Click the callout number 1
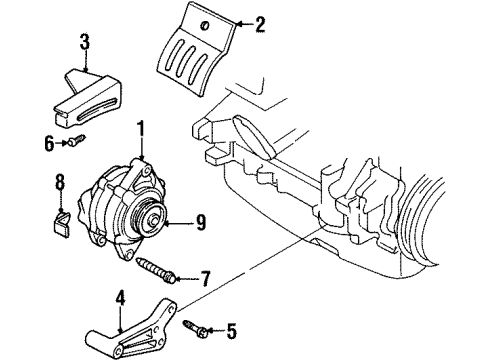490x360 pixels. coord(142,128)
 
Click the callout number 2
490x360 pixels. coord(260,25)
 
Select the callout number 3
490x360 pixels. coord(85,41)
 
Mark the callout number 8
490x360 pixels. coord(59,182)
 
